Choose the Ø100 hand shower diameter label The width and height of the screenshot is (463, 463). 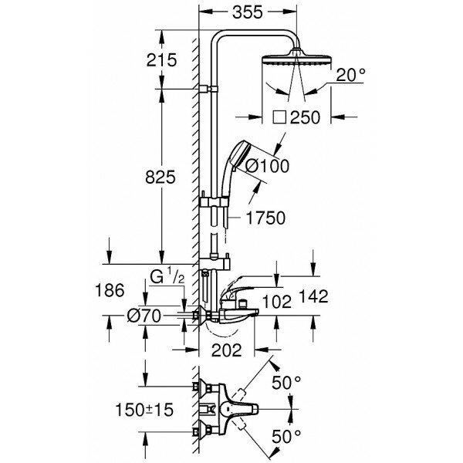coord(265,164)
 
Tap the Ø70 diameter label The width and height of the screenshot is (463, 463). coord(144,315)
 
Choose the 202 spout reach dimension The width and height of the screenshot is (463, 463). coord(225,350)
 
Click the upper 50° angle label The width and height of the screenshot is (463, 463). coord(286,383)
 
